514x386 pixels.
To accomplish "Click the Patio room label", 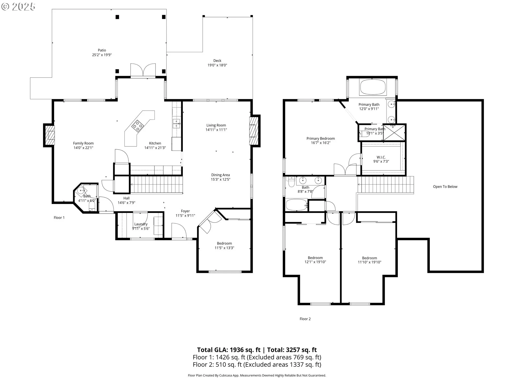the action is [x=102, y=50].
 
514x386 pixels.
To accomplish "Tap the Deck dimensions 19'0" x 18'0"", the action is [x=217, y=65].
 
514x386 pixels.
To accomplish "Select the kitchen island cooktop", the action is [x=138, y=126].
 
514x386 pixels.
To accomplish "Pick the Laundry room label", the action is [x=141, y=224].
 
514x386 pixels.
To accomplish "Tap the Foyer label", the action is [x=185, y=211].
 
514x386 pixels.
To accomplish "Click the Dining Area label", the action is [x=221, y=175].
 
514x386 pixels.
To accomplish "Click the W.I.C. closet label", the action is [x=381, y=157].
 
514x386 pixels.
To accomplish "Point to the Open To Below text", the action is [x=445, y=187].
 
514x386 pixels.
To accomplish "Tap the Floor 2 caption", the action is [x=305, y=319].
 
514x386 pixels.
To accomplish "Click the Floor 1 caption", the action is [x=59, y=218].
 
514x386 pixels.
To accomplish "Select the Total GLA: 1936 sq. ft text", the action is [x=229, y=350].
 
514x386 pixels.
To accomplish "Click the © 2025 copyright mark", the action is [x=18, y=6].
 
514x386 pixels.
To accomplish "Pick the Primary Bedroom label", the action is [x=321, y=139].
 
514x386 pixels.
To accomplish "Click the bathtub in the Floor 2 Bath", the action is [x=297, y=205].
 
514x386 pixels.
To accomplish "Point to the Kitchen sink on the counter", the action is [x=176, y=124].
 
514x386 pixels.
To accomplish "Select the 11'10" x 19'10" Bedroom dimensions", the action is [x=369, y=262].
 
